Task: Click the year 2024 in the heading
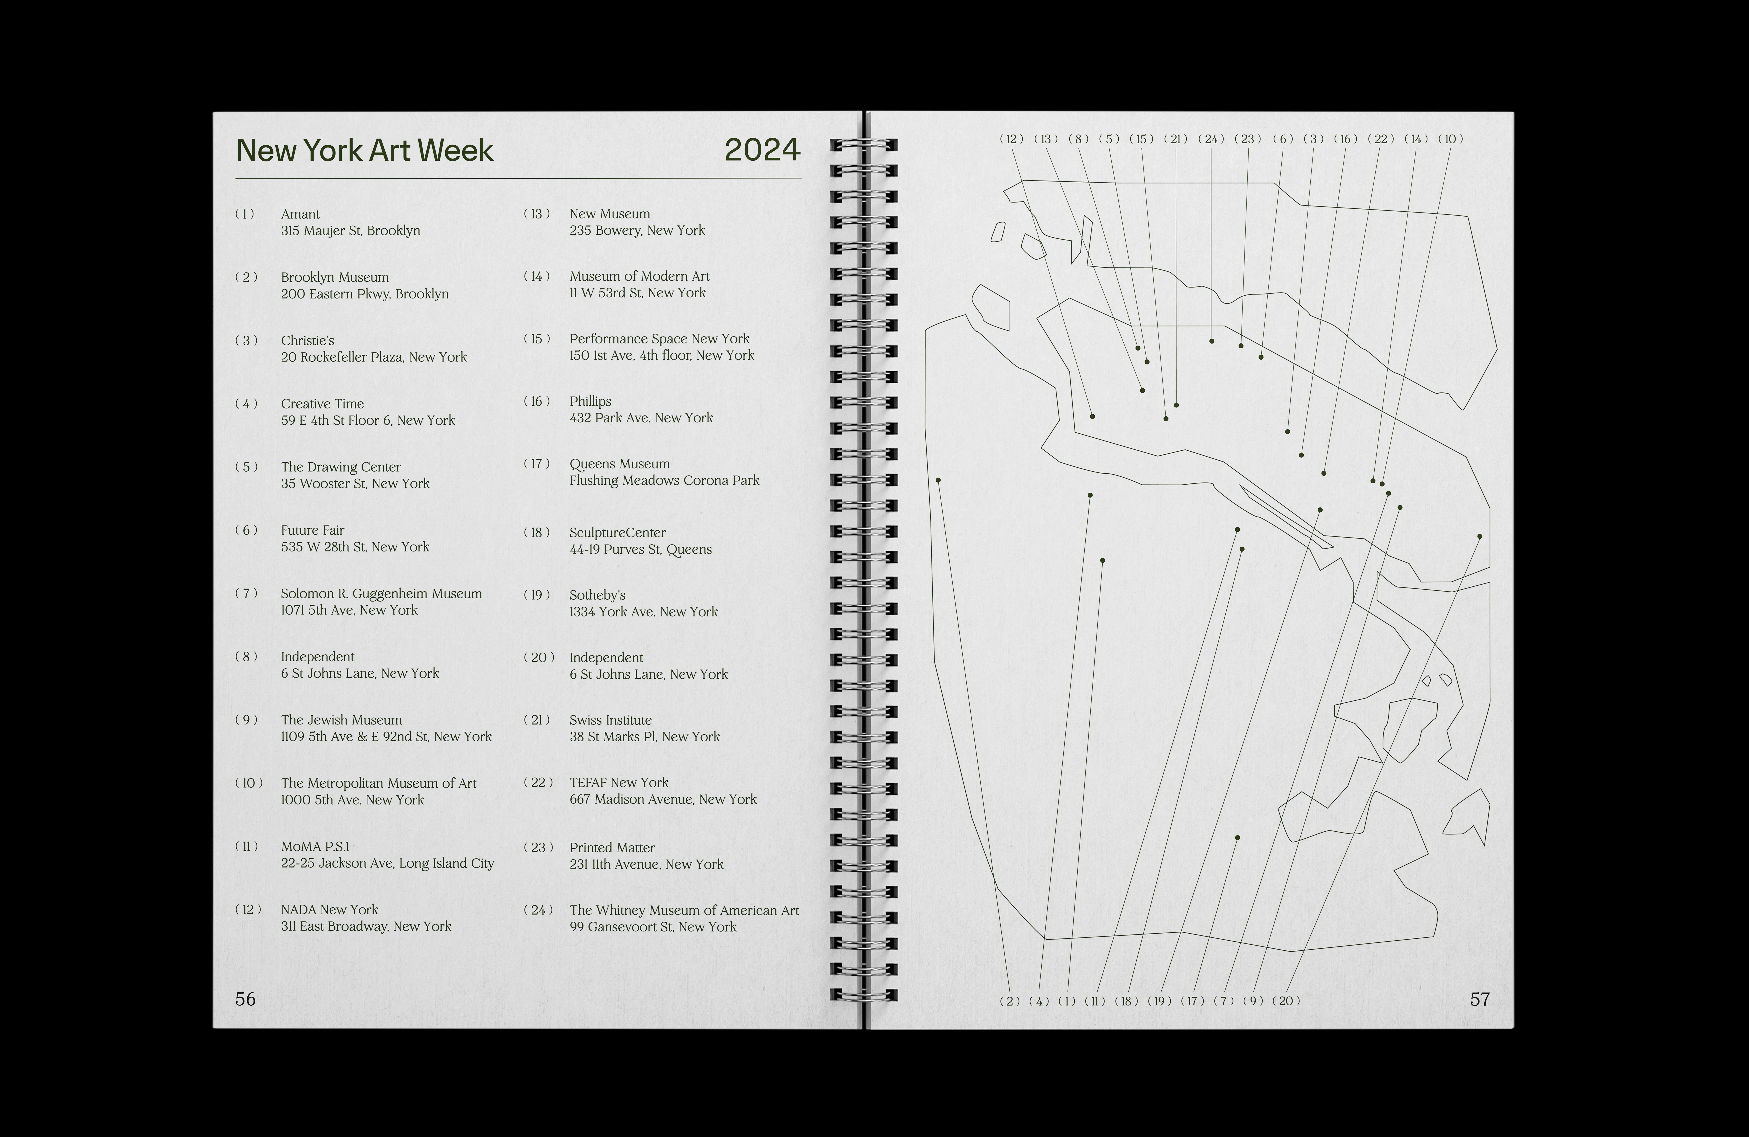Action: click(x=762, y=150)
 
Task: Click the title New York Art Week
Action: click(x=365, y=151)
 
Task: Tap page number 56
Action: click(x=246, y=999)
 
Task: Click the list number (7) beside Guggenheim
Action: click(x=246, y=593)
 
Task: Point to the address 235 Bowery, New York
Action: click(x=637, y=230)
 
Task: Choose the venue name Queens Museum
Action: click(x=620, y=464)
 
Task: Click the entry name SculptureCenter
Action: click(x=617, y=533)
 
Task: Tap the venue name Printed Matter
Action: click(x=612, y=847)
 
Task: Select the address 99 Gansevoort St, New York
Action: click(x=652, y=927)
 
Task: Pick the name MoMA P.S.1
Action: click(x=315, y=847)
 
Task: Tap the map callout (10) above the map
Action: click(x=1451, y=139)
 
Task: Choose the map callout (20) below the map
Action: click(x=1286, y=1001)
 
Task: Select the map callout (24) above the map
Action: click(x=1211, y=139)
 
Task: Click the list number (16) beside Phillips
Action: click(x=536, y=401)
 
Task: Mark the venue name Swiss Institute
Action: click(x=611, y=720)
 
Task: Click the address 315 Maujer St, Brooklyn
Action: click(x=350, y=231)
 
